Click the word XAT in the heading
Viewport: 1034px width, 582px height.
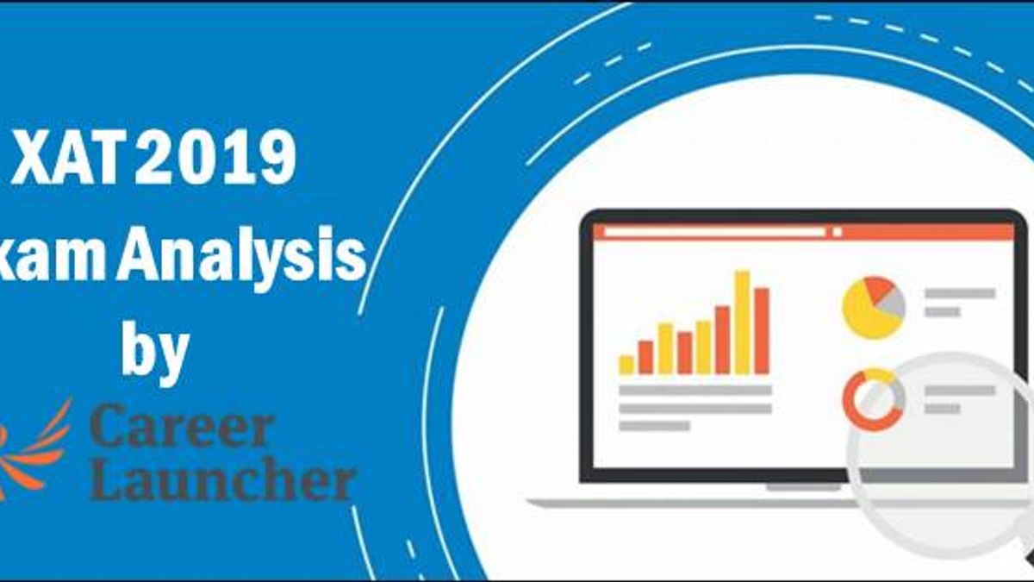click(x=68, y=157)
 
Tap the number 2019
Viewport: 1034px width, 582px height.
click(x=215, y=157)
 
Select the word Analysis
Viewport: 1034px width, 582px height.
click(x=242, y=257)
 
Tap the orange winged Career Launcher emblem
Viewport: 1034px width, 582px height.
click(x=34, y=448)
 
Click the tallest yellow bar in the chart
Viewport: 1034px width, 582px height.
click(x=742, y=322)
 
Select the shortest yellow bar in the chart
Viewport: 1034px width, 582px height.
click(x=626, y=365)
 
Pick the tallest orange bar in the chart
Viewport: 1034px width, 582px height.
click(x=762, y=331)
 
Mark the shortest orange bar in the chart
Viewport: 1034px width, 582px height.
click(x=645, y=358)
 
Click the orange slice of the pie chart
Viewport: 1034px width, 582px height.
click(x=878, y=288)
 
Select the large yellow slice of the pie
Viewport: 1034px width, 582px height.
click(x=864, y=313)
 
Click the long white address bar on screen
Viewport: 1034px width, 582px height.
click(x=714, y=232)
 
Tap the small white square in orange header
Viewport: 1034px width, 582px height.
click(x=838, y=232)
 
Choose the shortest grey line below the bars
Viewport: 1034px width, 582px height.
click(x=655, y=426)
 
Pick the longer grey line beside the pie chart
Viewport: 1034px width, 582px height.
click(x=960, y=293)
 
